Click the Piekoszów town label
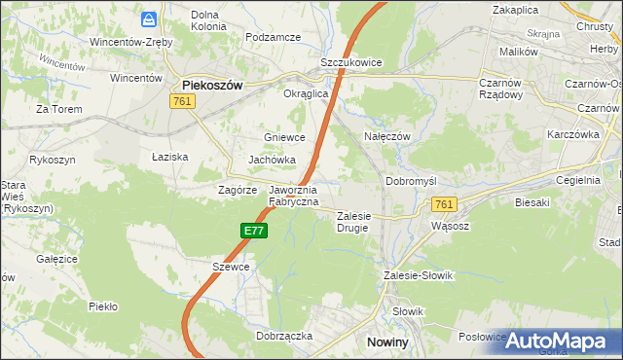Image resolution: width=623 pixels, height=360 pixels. pos(212,85)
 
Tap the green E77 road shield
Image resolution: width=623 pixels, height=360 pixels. pos(253,230)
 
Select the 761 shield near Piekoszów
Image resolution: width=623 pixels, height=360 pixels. pos(182,101)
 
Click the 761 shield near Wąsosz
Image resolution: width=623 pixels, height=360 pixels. pos(444,203)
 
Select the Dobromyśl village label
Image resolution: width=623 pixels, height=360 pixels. pos(413,181)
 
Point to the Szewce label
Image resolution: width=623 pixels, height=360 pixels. pos(231,267)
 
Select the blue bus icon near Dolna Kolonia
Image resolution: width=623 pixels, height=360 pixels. pos(149,18)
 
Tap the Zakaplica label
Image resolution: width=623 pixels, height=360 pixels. pos(516,9)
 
